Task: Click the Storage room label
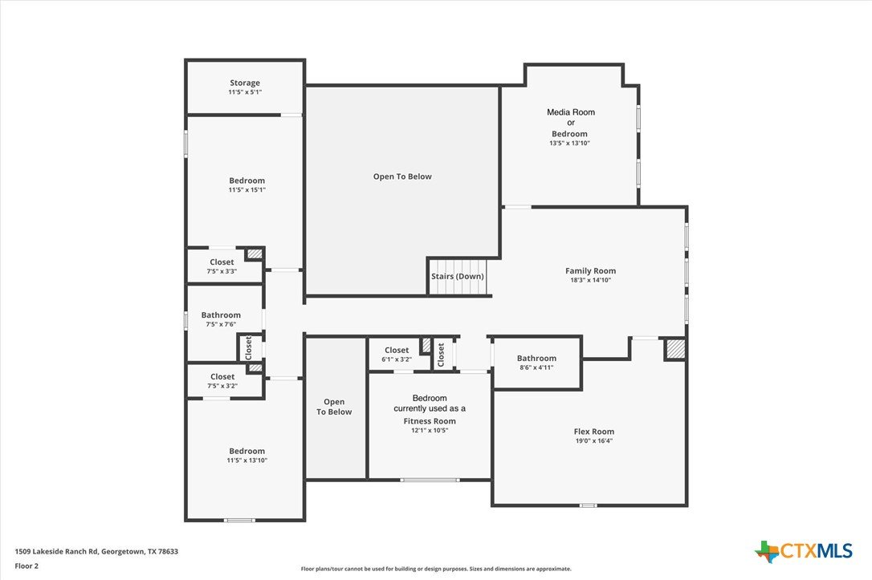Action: [245, 83]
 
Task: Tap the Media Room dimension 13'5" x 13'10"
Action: [569, 144]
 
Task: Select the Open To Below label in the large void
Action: [402, 176]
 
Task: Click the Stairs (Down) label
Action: [458, 276]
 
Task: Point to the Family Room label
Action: [591, 270]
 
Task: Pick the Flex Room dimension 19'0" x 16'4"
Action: [594, 441]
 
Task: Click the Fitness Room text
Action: [430, 421]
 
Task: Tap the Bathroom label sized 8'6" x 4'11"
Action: [536, 359]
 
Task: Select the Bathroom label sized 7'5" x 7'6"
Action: [221, 315]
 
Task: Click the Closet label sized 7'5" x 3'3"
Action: [222, 262]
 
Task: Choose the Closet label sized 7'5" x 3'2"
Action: [222, 377]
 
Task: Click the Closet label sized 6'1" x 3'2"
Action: [397, 350]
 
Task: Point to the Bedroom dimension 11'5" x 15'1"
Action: [247, 190]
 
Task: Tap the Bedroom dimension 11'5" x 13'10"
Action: [247, 460]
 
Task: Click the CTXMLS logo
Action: [803, 551]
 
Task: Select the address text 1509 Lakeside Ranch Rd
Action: [57, 552]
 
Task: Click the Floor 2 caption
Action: [26, 566]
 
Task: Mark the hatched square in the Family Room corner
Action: [675, 349]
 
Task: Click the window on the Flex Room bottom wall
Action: [588, 505]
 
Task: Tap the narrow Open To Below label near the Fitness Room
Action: [334, 407]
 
